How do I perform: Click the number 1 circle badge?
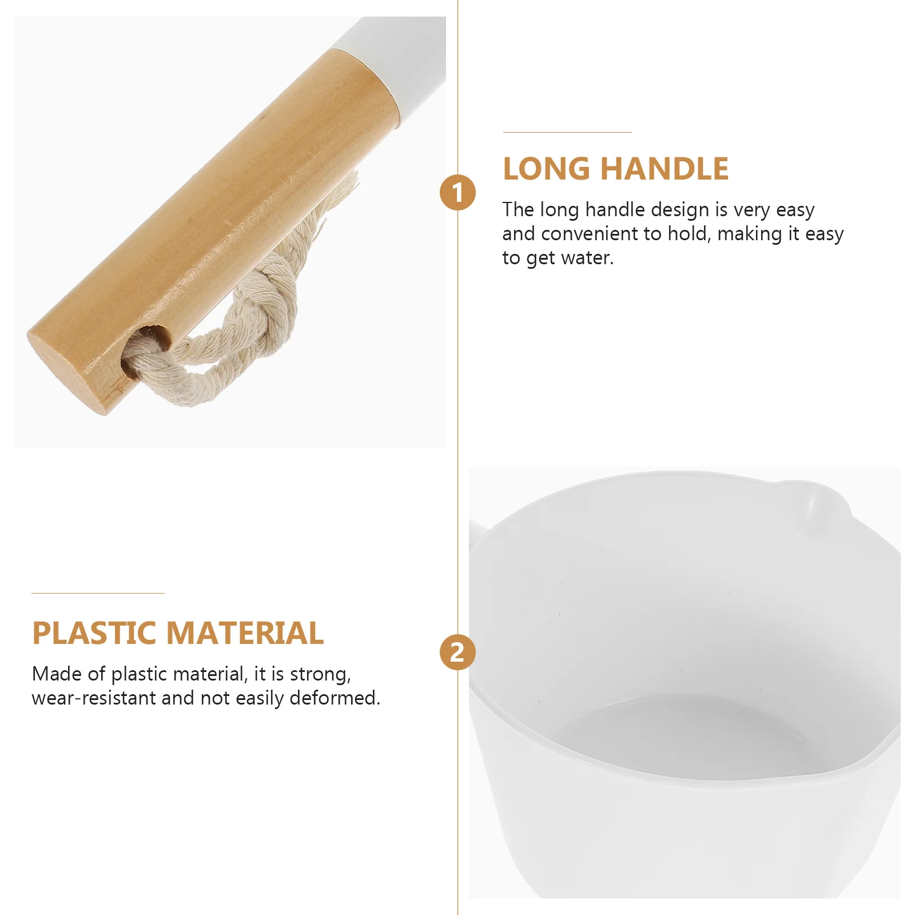[x=457, y=192]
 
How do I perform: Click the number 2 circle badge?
[x=457, y=653]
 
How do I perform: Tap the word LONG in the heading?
[x=546, y=169]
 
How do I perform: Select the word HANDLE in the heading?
[x=665, y=169]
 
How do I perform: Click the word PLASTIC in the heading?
[x=94, y=633]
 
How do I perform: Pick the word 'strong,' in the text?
[x=320, y=674]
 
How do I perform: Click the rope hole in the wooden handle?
[x=150, y=339]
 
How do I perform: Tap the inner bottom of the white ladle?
[x=686, y=738]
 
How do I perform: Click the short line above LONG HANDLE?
[x=567, y=132]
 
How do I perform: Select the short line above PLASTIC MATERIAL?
[x=98, y=593]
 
